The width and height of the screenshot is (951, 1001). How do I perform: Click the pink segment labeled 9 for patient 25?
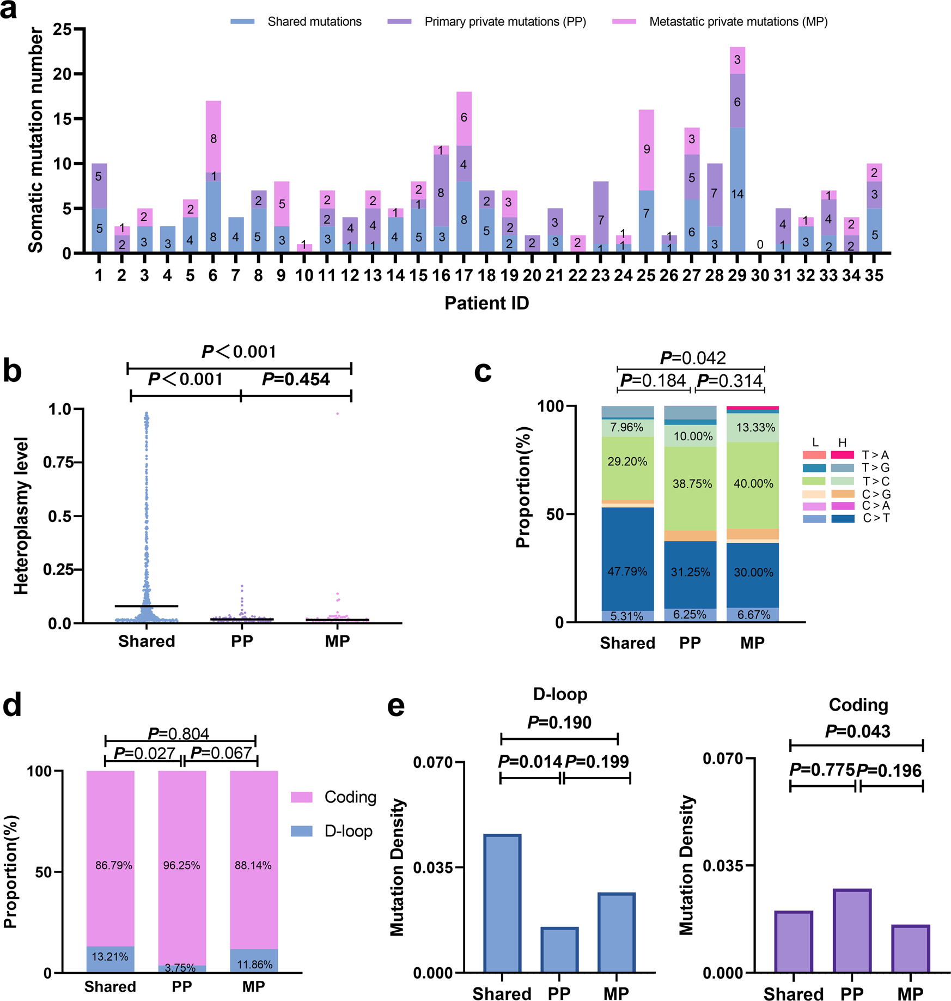pyautogui.click(x=646, y=150)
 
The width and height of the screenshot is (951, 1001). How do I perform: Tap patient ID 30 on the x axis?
pyautogui.click(x=760, y=276)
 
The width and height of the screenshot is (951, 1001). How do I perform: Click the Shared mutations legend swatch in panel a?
pyautogui.click(x=242, y=22)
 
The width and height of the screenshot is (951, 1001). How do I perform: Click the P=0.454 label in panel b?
pyautogui.click(x=296, y=379)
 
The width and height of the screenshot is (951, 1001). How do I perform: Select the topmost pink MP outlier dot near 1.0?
pyautogui.click(x=337, y=414)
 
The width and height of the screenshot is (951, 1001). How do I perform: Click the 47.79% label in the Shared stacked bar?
pyautogui.click(x=627, y=571)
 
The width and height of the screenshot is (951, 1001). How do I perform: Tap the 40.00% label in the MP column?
pyautogui.click(x=753, y=483)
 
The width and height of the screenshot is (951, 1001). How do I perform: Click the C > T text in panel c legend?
pyautogui.click(x=876, y=518)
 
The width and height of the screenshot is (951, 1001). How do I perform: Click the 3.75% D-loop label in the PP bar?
pyautogui.click(x=180, y=968)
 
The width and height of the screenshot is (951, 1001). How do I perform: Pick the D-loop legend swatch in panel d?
pyautogui.click(x=301, y=831)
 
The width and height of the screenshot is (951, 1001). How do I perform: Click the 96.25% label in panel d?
pyautogui.click(x=181, y=865)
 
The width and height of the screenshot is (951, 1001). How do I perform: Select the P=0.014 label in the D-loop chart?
pyautogui.click(x=530, y=761)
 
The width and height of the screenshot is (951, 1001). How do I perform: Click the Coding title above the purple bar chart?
pyautogui.click(x=858, y=705)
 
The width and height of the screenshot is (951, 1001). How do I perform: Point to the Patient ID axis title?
pyautogui.click(x=486, y=303)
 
